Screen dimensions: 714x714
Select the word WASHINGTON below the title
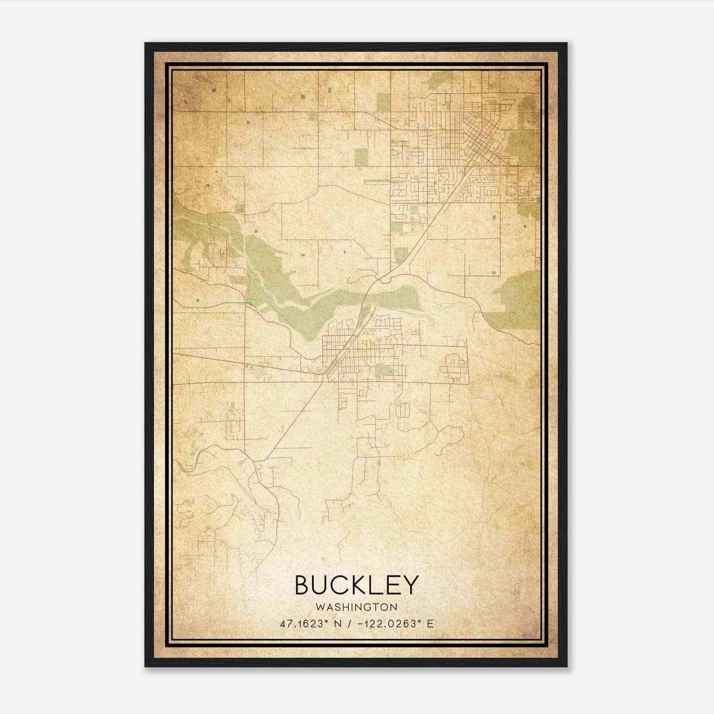[x=357, y=607]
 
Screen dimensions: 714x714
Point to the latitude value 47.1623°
[x=301, y=624]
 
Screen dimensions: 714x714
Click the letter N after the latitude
[x=337, y=624]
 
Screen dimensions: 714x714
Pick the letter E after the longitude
[x=430, y=624]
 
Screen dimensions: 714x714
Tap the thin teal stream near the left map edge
[x=210, y=303]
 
